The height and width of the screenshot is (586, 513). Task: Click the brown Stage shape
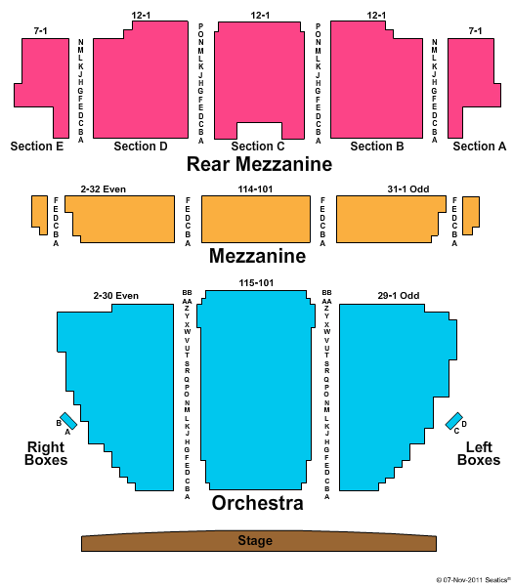pos(259,541)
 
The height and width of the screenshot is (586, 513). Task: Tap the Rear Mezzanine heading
pos(259,164)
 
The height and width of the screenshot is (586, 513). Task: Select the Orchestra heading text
pos(258,503)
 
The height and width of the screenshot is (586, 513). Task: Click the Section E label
pos(37,146)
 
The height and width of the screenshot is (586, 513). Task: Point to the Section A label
pos(480,146)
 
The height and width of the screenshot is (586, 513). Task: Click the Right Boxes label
pos(46,453)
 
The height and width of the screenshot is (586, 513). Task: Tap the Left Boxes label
pos(479,453)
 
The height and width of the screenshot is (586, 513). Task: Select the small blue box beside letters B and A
pos(68,421)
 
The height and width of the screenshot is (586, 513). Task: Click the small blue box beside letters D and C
pos(454,421)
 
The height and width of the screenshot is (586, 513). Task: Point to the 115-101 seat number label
pos(256,283)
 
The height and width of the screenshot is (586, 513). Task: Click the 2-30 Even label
pos(116,296)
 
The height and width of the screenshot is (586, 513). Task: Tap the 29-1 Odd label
pos(399,296)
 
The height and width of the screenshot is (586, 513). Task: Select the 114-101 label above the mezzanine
pos(255,189)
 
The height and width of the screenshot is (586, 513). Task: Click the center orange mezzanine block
pos(256,219)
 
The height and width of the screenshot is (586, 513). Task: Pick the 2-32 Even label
pos(104,189)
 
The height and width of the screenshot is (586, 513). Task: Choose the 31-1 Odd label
pos(407,189)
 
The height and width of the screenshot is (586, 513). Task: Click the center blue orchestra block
pos(256,389)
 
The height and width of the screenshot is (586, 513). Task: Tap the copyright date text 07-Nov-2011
pos(463,580)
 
